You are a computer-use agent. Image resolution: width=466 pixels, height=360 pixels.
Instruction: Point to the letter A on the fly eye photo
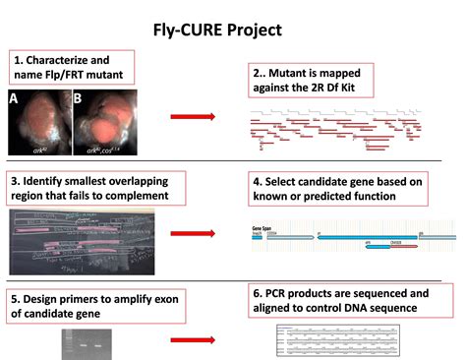click(14, 98)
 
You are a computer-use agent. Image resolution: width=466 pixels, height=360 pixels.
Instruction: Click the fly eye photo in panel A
click(39, 123)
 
